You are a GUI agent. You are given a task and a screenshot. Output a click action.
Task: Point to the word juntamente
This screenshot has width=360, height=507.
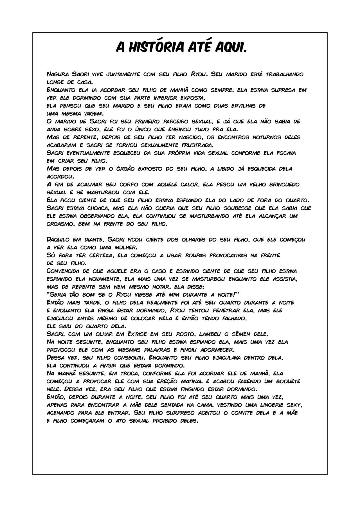[x=123, y=75]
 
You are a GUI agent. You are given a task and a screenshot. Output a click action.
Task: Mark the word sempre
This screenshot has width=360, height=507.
[x=220, y=90]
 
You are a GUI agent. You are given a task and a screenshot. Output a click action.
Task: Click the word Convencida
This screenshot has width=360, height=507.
[x=64, y=271]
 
